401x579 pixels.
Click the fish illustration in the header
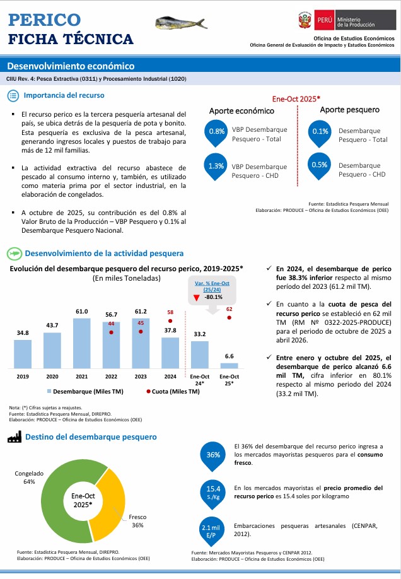tap(177, 24)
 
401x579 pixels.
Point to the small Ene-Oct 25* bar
tap(229, 365)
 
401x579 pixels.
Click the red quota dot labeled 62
tap(230, 317)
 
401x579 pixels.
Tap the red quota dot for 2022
tap(112, 331)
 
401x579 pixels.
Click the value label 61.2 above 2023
tap(141, 312)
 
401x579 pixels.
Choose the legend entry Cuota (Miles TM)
tap(173, 392)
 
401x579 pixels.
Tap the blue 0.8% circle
tap(216, 132)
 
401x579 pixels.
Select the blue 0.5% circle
tap(320, 165)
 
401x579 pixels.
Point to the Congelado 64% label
tap(28, 477)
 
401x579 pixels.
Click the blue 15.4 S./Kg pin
tap(213, 491)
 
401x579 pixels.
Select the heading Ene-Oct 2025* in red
tap(296, 99)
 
